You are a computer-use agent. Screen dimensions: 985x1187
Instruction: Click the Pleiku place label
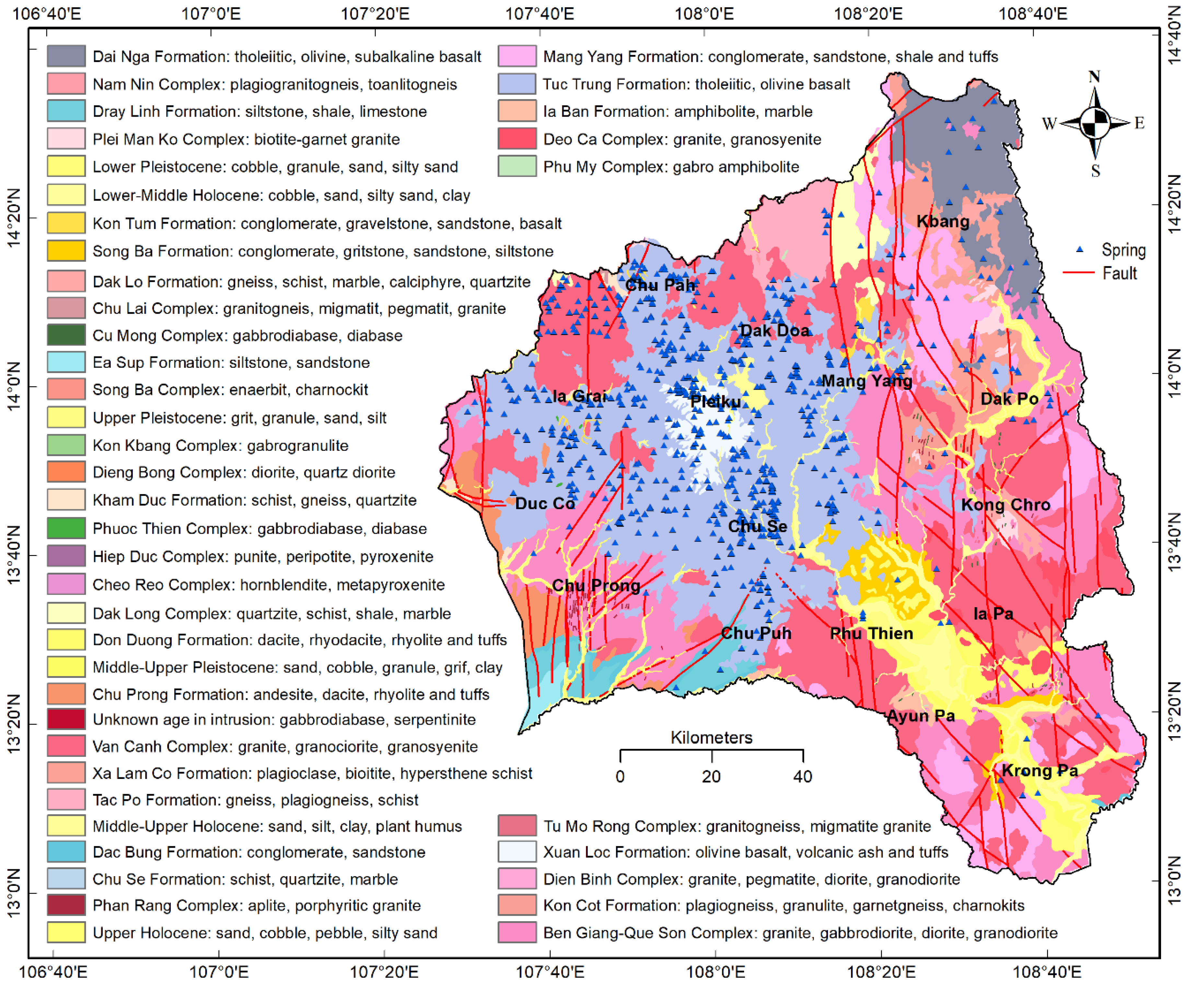(715, 402)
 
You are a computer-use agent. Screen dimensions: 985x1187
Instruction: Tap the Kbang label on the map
(942, 222)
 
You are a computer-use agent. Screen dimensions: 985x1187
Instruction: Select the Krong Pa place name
(1040, 771)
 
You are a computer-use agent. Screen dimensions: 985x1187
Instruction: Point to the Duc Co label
(545, 504)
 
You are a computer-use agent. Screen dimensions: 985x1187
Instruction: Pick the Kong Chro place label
(1006, 504)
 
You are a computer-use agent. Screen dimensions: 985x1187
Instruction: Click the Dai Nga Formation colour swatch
(66, 56)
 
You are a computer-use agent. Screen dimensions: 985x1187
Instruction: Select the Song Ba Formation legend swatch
(66, 251)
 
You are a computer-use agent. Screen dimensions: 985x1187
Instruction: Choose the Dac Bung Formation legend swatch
(66, 852)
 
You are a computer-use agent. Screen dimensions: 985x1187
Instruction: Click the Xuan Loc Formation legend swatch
(517, 852)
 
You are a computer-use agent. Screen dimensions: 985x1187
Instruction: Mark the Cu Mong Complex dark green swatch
(66, 335)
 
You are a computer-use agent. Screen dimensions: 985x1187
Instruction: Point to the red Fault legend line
(1078, 273)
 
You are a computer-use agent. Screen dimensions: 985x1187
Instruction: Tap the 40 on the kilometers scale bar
(803, 776)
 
